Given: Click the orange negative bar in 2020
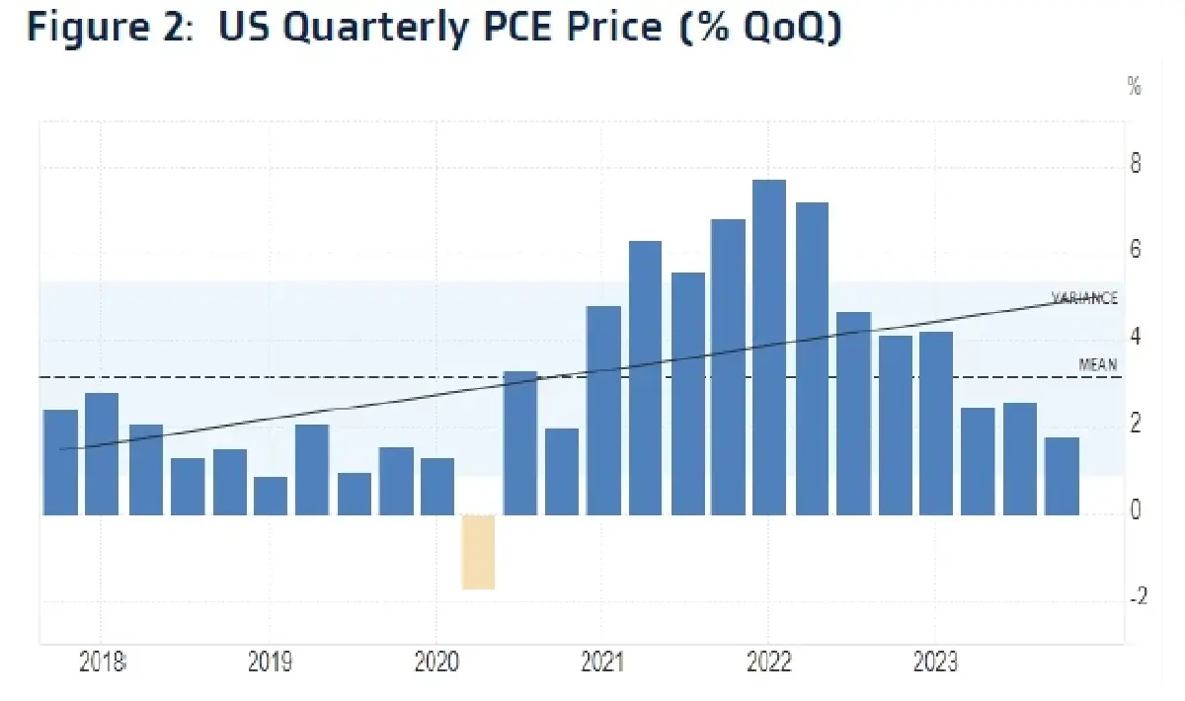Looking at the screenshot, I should (x=478, y=551).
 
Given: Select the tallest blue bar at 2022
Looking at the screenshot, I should (x=768, y=348).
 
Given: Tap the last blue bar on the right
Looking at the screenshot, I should (x=1062, y=476).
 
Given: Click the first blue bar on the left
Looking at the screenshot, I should (x=60, y=462).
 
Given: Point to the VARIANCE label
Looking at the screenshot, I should (x=1083, y=298).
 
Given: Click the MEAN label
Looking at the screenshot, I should (x=1097, y=364).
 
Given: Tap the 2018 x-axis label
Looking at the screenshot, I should (x=103, y=662).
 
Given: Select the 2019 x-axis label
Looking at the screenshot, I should (x=270, y=662).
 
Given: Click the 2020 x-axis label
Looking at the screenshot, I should (x=435, y=662).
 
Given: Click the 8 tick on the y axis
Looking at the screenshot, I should (x=1136, y=164).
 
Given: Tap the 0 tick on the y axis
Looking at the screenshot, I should (x=1136, y=510).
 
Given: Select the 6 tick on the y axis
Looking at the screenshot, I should (x=1136, y=250).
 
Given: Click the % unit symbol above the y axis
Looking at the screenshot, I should (x=1134, y=87).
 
